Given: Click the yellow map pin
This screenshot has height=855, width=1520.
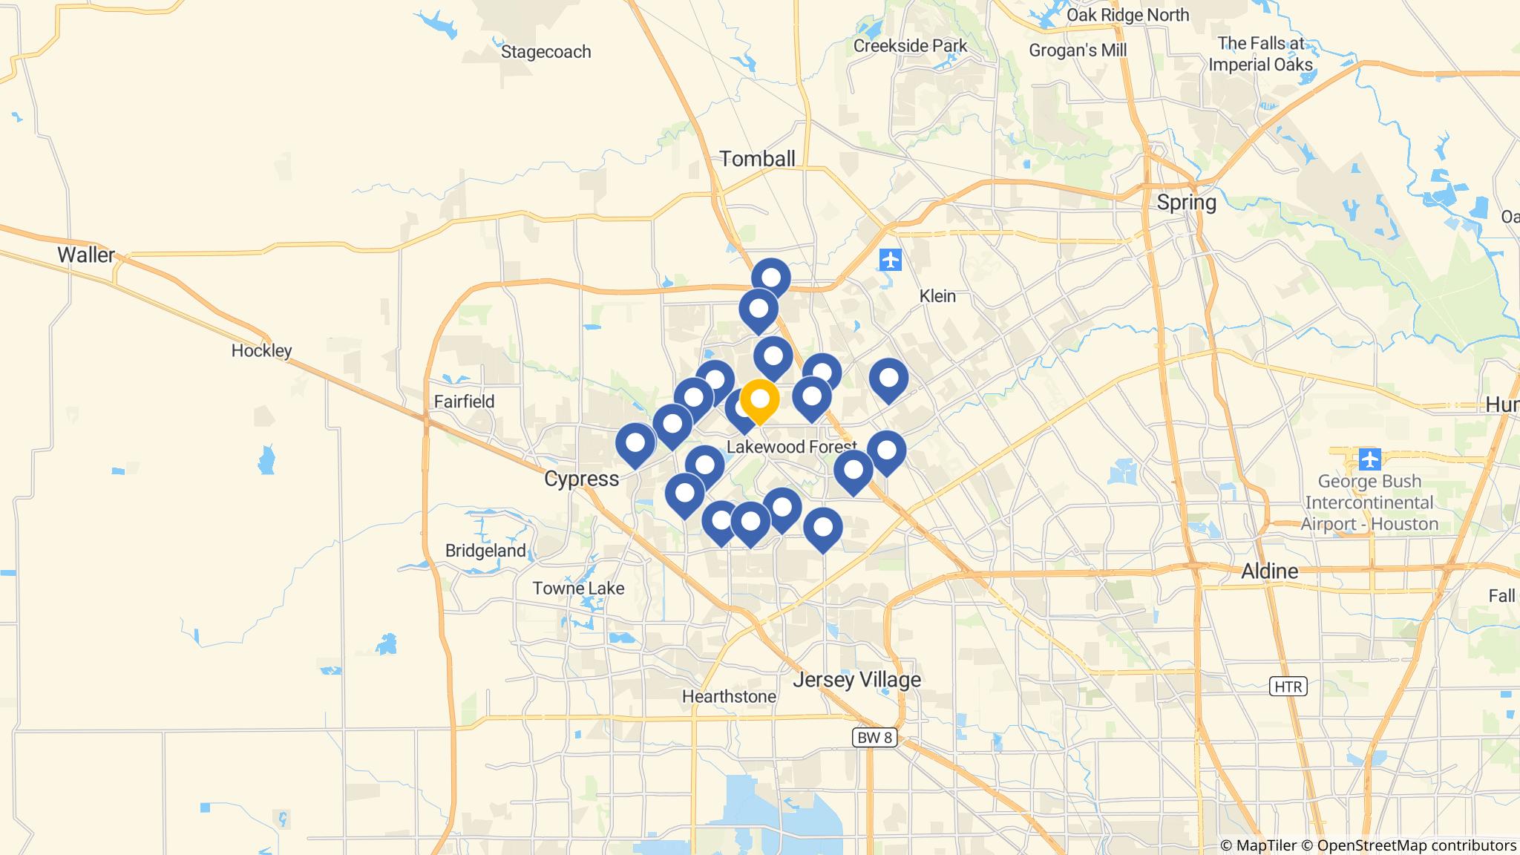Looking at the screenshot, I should [759, 400].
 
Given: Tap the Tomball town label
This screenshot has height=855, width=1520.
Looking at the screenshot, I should [757, 159].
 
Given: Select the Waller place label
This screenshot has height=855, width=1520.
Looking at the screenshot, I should [86, 255].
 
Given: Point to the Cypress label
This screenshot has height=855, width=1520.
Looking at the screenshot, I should [581, 479].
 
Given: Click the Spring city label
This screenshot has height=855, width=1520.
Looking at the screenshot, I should [1186, 203].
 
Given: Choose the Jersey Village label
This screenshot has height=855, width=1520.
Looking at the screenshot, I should [856, 679].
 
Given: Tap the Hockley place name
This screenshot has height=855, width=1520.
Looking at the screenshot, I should [261, 350].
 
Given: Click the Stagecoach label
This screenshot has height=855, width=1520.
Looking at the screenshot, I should [546, 52].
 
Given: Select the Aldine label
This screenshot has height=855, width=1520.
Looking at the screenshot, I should [1270, 571].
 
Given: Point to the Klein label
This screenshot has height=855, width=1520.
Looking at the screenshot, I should [937, 296].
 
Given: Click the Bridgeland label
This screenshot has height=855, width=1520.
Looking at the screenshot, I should [485, 551].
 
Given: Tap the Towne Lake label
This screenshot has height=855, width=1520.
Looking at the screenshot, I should [578, 589].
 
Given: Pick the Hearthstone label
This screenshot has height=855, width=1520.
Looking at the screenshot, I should [729, 696].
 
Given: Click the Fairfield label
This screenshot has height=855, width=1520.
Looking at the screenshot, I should [464, 402].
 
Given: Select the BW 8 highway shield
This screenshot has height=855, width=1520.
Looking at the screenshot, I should [874, 738].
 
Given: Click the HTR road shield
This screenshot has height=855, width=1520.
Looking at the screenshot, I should [1288, 687].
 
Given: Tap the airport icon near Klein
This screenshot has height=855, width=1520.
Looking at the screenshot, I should [890, 261].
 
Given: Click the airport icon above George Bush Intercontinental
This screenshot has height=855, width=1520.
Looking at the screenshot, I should [1369, 459].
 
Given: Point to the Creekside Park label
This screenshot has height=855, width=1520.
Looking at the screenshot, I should [910, 46].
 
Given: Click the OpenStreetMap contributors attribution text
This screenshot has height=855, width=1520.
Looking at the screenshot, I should [1416, 845].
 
